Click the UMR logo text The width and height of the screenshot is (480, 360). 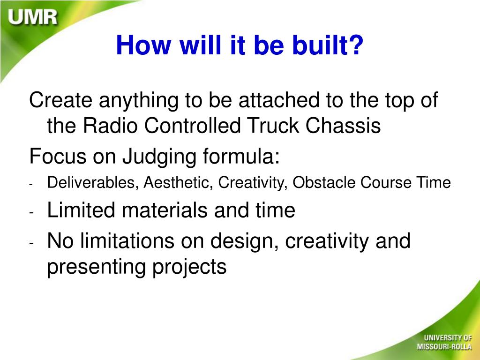pos(33,17)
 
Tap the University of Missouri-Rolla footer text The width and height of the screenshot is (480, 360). pos(444,342)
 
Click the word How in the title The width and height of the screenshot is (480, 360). pos(143,45)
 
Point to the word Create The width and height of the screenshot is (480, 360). pos(60,100)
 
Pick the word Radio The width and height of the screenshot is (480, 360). pos(110,126)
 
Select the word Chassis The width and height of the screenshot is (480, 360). pos(343,126)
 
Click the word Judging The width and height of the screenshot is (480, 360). pos(159,157)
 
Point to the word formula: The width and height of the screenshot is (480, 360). pos(241,156)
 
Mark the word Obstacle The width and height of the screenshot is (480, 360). pos(324,182)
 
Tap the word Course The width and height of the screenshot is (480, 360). pos(386,182)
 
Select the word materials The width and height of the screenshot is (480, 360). pos(165,210)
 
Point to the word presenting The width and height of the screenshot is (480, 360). pos(97,267)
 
